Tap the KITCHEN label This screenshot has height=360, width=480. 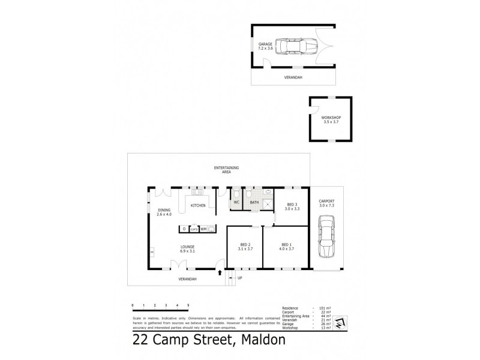coord(198,205)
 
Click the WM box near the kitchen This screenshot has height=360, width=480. coord(203,229)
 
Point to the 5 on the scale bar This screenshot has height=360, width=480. coord(188,305)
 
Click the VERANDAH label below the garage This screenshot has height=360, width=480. coord(293,78)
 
